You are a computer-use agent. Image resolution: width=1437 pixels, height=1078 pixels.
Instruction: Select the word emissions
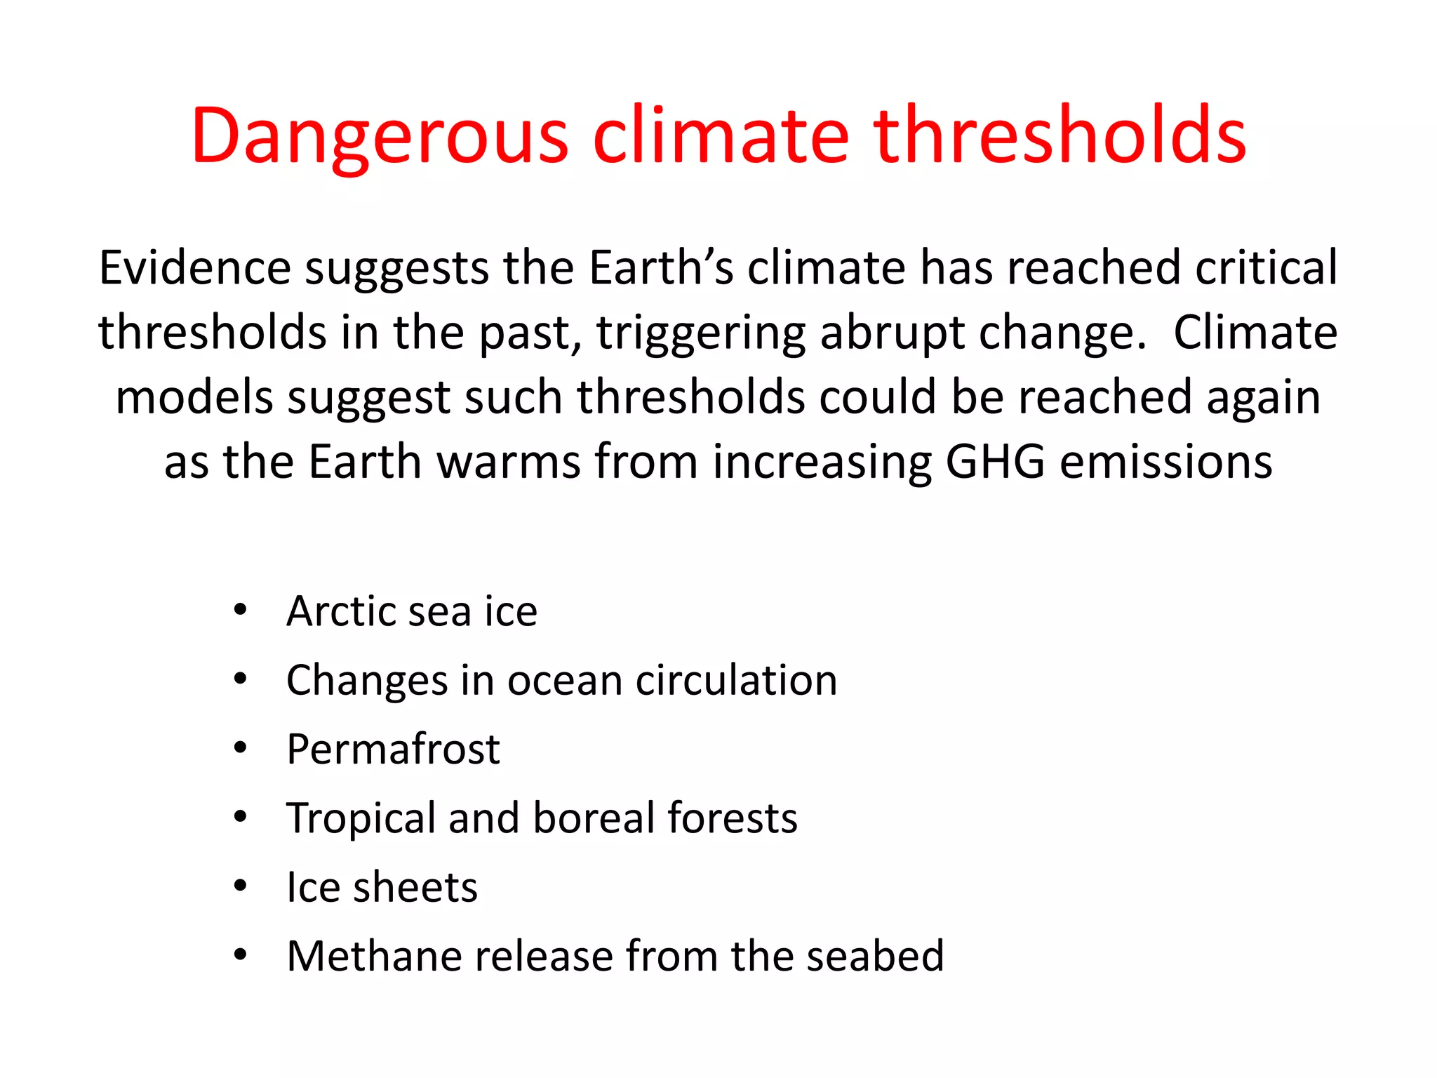1166,462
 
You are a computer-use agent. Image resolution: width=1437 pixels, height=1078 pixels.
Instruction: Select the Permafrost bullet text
393,749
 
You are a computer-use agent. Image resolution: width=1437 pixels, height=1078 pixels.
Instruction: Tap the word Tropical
361,818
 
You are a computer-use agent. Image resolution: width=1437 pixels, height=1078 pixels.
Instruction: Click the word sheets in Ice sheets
415,887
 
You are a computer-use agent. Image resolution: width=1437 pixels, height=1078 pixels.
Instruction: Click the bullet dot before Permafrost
241,748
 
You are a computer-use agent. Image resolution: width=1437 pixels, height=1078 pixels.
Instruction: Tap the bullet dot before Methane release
241,955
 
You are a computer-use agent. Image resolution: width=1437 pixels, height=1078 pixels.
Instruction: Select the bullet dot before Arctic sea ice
241,610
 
